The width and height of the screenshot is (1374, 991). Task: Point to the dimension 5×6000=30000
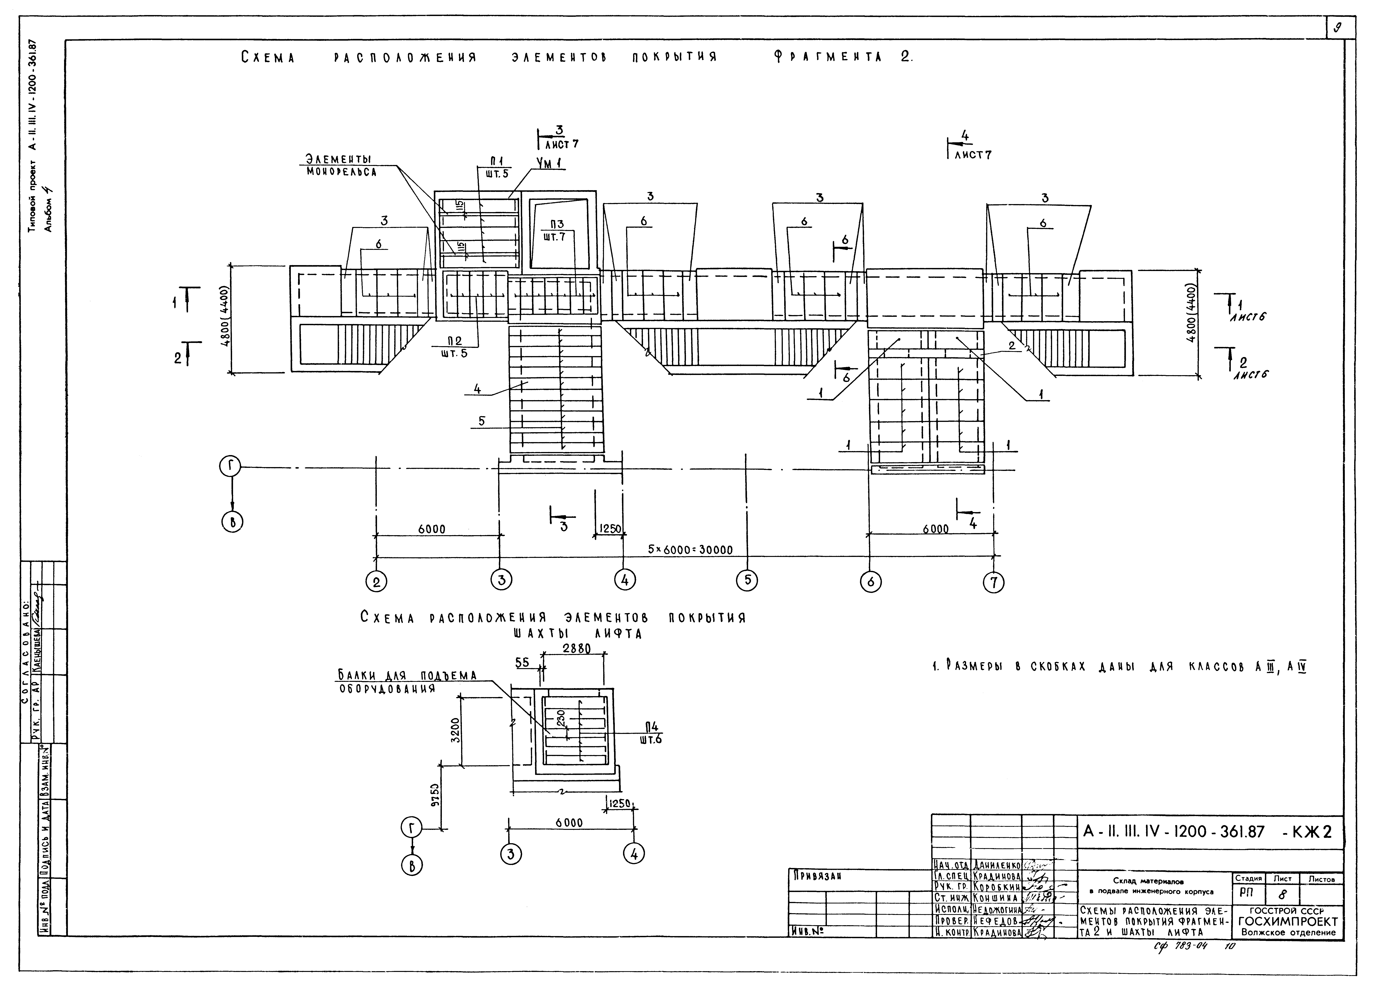pyautogui.click(x=690, y=550)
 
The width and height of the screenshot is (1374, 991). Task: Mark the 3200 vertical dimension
pyautogui.click(x=456, y=730)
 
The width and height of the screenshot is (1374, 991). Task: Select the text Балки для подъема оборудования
pyautogui.click(x=407, y=681)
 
